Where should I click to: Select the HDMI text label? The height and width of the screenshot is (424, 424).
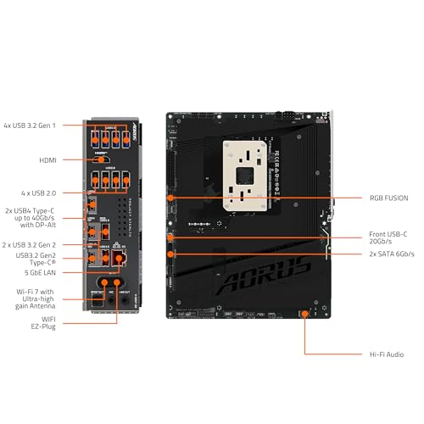(x=49, y=159)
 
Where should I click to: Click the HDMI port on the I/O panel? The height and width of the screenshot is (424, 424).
(x=103, y=159)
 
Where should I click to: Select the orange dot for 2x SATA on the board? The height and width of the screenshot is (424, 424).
(x=172, y=254)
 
